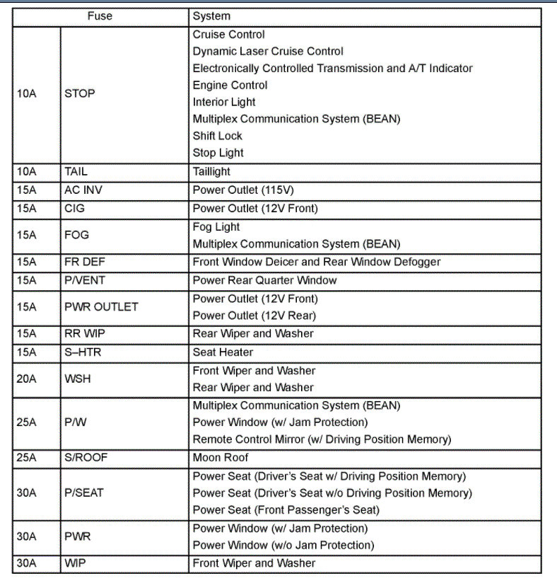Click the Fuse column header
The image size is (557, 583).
[100, 16]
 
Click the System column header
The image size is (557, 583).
[211, 16]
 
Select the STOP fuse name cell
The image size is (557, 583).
[80, 93]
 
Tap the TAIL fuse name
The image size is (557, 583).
[76, 172]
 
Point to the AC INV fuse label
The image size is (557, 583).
[83, 190]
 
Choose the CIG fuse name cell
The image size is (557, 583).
[74, 209]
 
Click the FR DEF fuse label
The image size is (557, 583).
[85, 262]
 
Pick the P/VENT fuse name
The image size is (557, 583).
[85, 280]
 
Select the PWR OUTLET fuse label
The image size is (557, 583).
[101, 307]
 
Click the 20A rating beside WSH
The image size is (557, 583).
[27, 379]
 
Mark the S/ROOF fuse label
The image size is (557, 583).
[86, 458]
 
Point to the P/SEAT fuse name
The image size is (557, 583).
[85, 493]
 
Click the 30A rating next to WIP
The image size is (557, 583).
[27, 564]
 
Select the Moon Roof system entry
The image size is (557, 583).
[221, 458]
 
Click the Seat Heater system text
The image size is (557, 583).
[223, 352]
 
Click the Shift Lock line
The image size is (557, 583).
[218, 136]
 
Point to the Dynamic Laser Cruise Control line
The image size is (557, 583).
[268, 52]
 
